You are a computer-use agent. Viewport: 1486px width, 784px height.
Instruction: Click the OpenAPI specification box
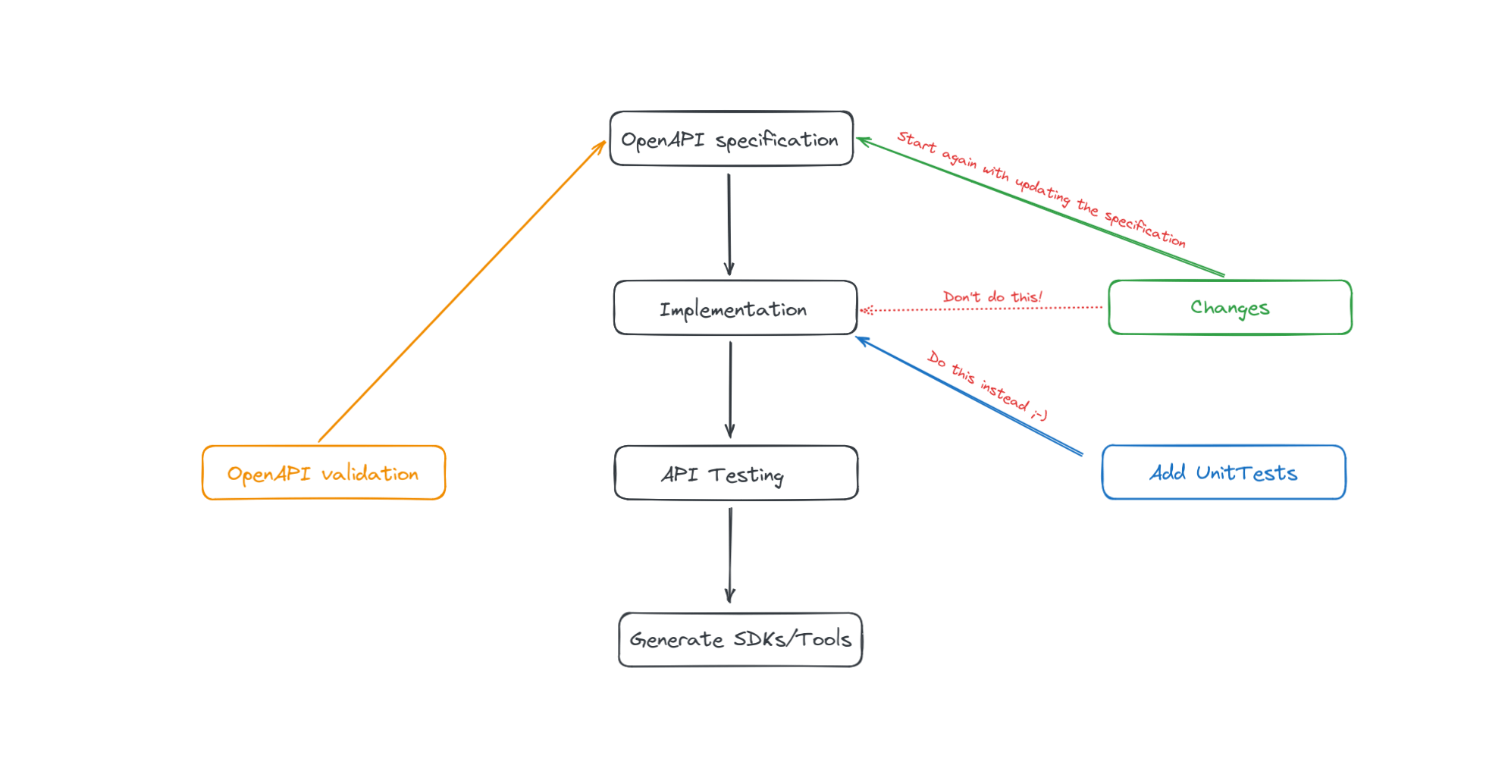coord(731,139)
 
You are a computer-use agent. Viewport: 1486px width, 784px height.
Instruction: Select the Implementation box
coord(735,308)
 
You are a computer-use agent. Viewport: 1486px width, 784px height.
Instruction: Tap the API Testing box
coord(735,473)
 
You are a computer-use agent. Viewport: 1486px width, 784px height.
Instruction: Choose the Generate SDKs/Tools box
coord(740,640)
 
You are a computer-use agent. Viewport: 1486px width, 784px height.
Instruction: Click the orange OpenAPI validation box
coord(323,473)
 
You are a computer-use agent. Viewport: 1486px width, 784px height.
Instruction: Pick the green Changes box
coord(1229,307)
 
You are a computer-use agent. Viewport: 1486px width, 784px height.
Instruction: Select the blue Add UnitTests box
coord(1223,472)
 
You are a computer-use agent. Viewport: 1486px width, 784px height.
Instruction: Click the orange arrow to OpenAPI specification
coord(462,291)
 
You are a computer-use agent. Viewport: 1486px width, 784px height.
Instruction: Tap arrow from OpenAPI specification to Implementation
coord(729,224)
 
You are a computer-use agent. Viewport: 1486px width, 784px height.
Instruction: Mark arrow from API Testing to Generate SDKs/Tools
coord(730,555)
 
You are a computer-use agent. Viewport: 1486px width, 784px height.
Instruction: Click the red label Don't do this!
coord(992,296)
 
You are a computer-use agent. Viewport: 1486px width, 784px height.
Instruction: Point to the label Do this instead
coord(986,385)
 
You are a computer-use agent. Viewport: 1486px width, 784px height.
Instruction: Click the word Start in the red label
coord(917,142)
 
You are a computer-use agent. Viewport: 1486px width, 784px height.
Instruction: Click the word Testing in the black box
coord(746,475)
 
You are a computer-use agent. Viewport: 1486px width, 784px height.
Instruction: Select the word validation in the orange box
coord(369,474)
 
